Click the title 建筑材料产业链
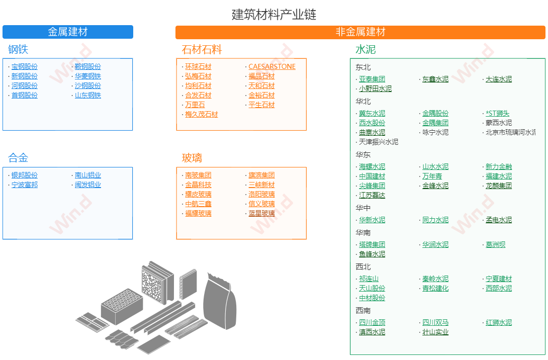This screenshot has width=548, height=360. click(x=274, y=14)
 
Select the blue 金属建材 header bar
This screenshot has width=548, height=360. click(x=68, y=32)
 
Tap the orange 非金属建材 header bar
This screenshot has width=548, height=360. click(x=360, y=32)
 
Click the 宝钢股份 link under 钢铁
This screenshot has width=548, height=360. click(x=25, y=67)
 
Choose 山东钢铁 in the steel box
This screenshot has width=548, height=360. click(x=88, y=96)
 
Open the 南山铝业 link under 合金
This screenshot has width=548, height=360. click(x=88, y=175)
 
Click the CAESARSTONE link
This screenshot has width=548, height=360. click(x=272, y=67)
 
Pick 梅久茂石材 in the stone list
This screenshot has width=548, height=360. click(x=202, y=115)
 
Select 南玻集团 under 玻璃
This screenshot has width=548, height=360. click(x=198, y=175)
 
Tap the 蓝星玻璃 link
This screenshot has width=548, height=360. click(x=261, y=214)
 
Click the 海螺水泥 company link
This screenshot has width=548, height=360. click(x=372, y=167)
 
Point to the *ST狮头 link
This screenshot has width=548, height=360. click(x=497, y=114)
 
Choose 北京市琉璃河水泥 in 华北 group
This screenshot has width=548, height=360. click(x=510, y=133)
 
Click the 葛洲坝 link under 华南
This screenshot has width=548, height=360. click(x=495, y=245)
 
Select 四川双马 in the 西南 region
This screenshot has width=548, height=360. click(x=435, y=323)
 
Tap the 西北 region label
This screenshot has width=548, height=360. click(x=363, y=267)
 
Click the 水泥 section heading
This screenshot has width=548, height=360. click(x=366, y=50)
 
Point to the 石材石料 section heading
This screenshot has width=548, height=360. click(x=202, y=50)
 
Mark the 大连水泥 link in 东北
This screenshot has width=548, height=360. click(x=499, y=79)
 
